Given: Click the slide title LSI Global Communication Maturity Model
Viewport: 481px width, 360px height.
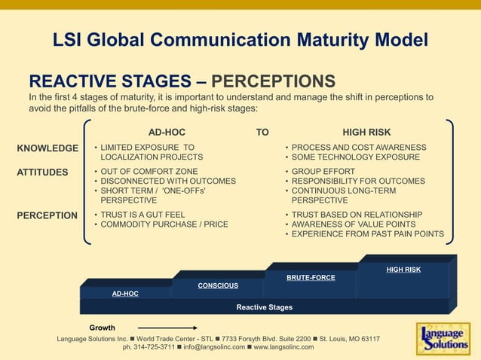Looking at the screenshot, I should (240, 40).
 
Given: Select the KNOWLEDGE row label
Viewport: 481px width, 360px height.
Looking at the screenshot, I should (47, 148).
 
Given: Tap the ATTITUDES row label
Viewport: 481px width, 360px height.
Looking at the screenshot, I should (42, 172).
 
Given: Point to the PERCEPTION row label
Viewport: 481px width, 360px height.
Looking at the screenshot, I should (47, 215).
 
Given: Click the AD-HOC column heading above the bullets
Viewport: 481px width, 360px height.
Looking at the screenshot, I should (167, 131).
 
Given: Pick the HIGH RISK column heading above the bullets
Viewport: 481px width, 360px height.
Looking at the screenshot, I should (367, 131).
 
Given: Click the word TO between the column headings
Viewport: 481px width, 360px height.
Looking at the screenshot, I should (262, 131).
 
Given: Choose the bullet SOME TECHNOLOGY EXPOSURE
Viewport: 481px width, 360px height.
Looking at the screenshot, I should (355, 157).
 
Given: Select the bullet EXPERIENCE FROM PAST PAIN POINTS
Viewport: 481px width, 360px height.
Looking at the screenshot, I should (367, 234).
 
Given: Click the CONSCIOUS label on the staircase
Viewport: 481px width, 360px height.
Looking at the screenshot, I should (218, 285).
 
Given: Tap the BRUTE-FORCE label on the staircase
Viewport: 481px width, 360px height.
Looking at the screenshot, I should (311, 277).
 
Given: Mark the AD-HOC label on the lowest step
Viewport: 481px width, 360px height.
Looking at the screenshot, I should (125, 294).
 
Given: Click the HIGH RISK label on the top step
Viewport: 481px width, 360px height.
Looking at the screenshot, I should (403, 269).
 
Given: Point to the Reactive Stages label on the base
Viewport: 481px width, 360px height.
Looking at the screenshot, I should (264, 307).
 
